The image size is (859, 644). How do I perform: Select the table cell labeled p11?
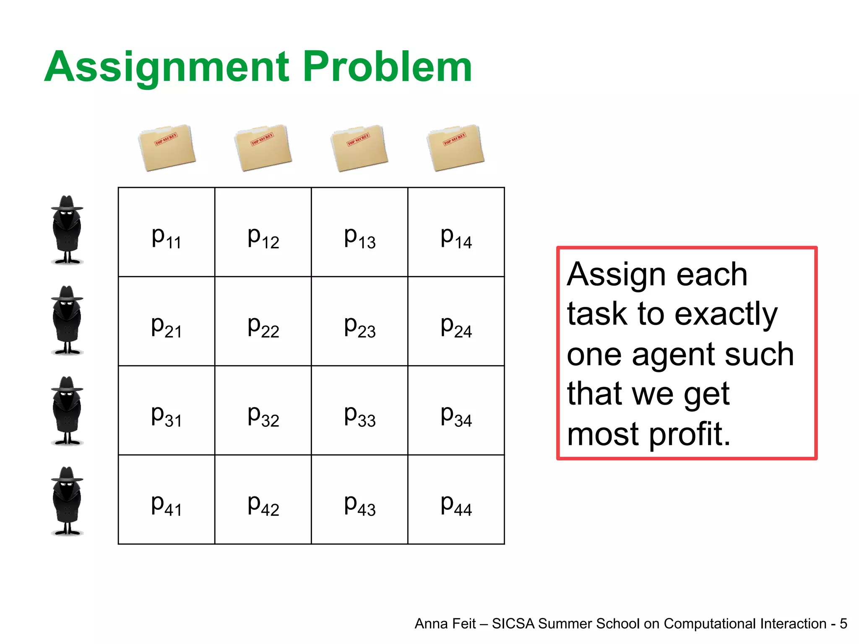[167, 232]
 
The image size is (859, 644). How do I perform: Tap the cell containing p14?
[456, 232]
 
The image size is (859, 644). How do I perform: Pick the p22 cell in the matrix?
[263, 322]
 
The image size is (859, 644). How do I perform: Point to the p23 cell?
[359, 322]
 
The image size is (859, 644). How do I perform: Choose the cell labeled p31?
[167, 410]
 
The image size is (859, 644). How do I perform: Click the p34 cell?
[456, 410]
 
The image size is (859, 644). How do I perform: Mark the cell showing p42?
[263, 500]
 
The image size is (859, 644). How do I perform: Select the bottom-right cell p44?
[456, 500]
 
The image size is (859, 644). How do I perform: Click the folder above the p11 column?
[167, 148]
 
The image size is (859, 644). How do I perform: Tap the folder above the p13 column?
[359, 148]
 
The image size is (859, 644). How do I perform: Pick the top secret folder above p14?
[456, 148]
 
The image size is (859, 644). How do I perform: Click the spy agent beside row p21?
[67, 321]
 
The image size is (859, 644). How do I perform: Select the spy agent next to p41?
[67, 501]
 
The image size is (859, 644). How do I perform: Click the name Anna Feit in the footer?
[445, 624]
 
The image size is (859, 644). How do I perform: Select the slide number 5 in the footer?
[843, 624]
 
